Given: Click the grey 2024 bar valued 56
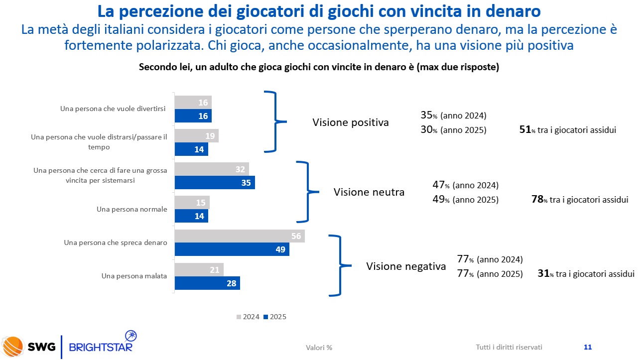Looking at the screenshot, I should point(239,236).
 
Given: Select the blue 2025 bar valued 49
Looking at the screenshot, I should point(232,249).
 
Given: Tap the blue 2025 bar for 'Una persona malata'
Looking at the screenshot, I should point(207,283).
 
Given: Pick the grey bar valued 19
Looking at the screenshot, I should point(196,136).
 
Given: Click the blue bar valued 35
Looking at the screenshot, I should point(214,183).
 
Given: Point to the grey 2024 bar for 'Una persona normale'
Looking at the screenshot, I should point(192,203).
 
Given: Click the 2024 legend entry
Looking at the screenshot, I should point(248,317).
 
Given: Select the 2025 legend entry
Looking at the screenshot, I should point(275,317).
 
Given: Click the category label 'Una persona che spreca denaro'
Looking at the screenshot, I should point(115,242).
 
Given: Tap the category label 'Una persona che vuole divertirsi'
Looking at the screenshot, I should point(113,108).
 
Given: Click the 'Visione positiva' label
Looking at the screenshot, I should point(350,122).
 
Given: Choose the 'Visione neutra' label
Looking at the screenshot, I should point(369,192).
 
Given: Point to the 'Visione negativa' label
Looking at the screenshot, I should point(406,266).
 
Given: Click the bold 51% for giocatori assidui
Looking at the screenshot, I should point(524,129).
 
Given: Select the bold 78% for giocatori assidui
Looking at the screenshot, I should point(537,199).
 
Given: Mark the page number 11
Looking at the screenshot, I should point(587,347).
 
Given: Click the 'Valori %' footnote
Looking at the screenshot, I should point(319,348).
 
